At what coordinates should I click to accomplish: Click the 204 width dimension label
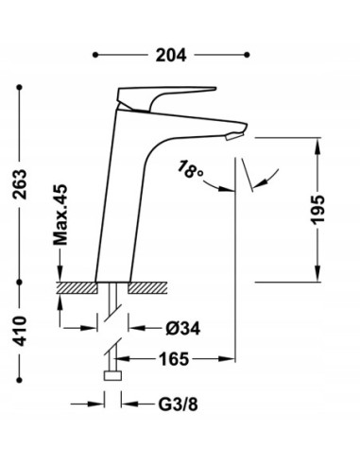(171, 55)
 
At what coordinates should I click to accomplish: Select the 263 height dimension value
(20, 184)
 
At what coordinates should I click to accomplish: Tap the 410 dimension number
(20, 331)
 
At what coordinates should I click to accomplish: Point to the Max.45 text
(60, 215)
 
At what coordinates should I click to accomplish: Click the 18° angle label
(190, 169)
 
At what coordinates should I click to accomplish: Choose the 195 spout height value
(317, 210)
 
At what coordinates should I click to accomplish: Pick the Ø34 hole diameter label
(183, 329)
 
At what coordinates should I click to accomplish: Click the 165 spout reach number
(174, 359)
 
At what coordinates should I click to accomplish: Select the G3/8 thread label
(178, 405)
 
